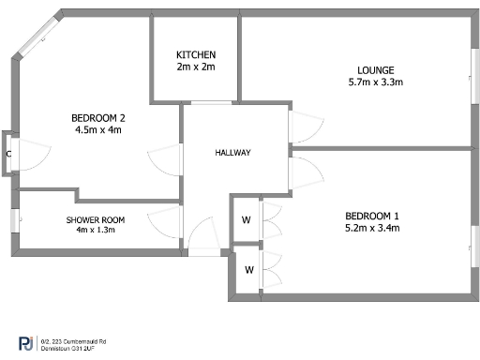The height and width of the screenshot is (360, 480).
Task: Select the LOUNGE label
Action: point(375,70)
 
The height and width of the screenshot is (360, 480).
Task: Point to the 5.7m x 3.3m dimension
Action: point(375,82)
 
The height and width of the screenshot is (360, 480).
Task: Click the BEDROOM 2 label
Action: point(98,118)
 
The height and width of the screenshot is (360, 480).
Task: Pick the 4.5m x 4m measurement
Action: point(98,130)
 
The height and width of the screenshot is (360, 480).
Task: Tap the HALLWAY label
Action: point(232,153)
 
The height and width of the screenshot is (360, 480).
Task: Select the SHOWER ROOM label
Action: point(95,219)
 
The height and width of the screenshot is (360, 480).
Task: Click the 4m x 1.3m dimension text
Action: point(95,231)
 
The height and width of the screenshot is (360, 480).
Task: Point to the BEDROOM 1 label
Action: point(371,215)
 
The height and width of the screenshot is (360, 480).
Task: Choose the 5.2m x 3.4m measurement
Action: point(371,227)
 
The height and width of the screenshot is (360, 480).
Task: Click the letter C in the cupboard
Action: point(8,153)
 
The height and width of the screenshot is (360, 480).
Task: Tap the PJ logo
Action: point(26,343)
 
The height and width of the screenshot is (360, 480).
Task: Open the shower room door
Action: point(165,223)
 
